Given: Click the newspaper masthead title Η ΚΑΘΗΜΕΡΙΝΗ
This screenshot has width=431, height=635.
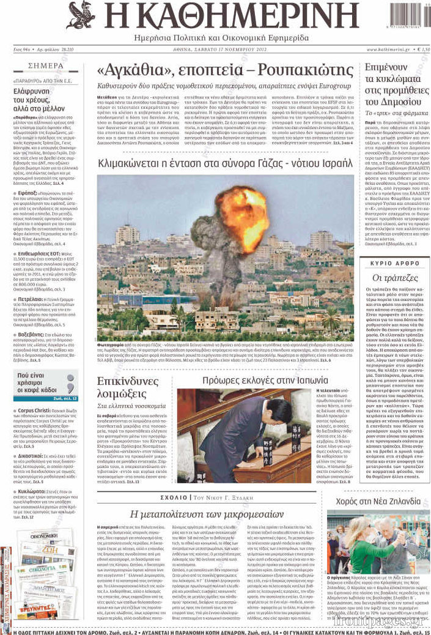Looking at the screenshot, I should (230, 17).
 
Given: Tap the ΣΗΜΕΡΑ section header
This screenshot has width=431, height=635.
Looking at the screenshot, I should (45, 65).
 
